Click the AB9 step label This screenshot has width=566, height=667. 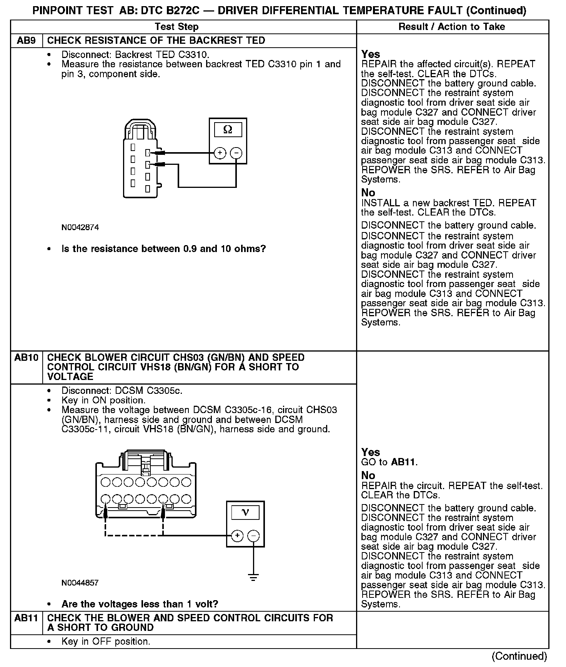pyautogui.click(x=26, y=41)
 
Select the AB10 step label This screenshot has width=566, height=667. pyautogui.click(x=27, y=358)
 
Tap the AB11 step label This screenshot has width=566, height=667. pyautogui.click(x=27, y=618)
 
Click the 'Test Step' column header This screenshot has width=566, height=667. pyautogui.click(x=176, y=27)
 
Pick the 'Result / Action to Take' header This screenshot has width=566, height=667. pyautogui.click(x=452, y=27)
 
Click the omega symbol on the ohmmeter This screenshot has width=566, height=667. pyautogui.click(x=228, y=130)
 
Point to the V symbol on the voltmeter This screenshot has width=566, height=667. pyautogui.click(x=245, y=513)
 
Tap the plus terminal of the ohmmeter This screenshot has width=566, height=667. pyautogui.click(x=220, y=153)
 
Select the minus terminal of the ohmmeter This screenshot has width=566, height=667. pyautogui.click(x=236, y=153)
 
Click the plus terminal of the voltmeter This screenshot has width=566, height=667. pyautogui.click(x=237, y=536)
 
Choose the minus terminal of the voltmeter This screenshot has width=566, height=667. pyautogui.click(x=253, y=536)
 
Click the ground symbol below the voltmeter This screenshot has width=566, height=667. pyautogui.click(x=253, y=577)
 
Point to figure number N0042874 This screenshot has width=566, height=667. pyautogui.click(x=80, y=227)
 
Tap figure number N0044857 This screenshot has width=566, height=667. pyautogui.click(x=80, y=583)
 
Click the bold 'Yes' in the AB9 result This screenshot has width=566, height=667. pyautogui.click(x=371, y=54)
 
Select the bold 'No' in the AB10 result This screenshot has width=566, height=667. pyautogui.click(x=368, y=475)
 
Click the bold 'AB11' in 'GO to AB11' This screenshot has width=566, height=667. pyautogui.click(x=403, y=462)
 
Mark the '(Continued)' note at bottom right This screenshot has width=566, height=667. pyautogui.click(x=519, y=656)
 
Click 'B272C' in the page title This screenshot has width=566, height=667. pyautogui.click(x=180, y=10)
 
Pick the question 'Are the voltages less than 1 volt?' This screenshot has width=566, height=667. pyautogui.click(x=140, y=604)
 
